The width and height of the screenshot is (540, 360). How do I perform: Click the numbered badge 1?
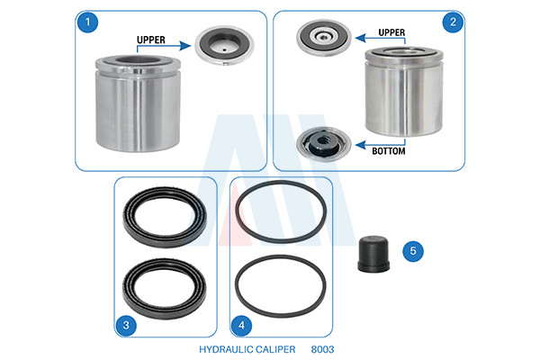click(x=87, y=22)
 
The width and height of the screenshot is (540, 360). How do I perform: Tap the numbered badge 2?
click(x=453, y=22)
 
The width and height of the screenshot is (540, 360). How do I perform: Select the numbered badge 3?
click(x=126, y=325)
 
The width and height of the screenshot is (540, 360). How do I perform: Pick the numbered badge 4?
click(x=241, y=325)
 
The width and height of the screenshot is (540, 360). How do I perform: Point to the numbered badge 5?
click(x=413, y=251)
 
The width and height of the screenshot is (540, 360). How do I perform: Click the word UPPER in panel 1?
click(x=151, y=40)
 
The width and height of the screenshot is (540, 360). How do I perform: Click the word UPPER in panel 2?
click(x=391, y=32)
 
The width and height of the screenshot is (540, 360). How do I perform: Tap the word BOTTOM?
click(x=389, y=151)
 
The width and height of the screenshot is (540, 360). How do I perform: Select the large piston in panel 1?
click(x=138, y=103)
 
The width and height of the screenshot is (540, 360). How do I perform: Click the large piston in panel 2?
click(x=403, y=91)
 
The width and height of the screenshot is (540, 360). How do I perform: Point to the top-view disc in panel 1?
click(x=224, y=46)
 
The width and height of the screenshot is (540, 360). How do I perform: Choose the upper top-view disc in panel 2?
click(x=324, y=38)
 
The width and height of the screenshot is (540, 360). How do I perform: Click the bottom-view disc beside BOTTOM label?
click(x=323, y=144)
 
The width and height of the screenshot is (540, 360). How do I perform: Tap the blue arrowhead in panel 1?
click(x=185, y=46)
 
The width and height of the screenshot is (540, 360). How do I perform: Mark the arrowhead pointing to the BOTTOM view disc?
click(x=361, y=145)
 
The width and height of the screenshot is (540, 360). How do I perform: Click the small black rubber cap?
click(x=373, y=254)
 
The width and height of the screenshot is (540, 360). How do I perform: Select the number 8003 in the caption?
click(x=322, y=349)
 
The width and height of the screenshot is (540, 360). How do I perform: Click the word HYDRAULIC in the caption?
click(x=226, y=349)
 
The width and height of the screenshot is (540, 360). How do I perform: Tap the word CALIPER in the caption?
click(x=275, y=349)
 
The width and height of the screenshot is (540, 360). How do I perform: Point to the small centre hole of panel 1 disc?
click(x=224, y=49)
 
